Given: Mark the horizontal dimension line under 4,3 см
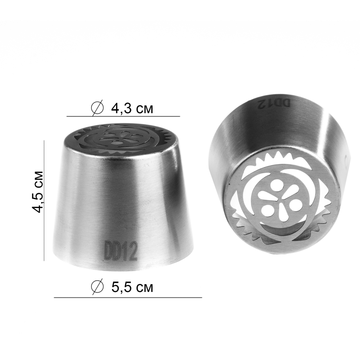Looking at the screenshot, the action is point(123,116).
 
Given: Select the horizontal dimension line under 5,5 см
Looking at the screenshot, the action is point(128,298).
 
